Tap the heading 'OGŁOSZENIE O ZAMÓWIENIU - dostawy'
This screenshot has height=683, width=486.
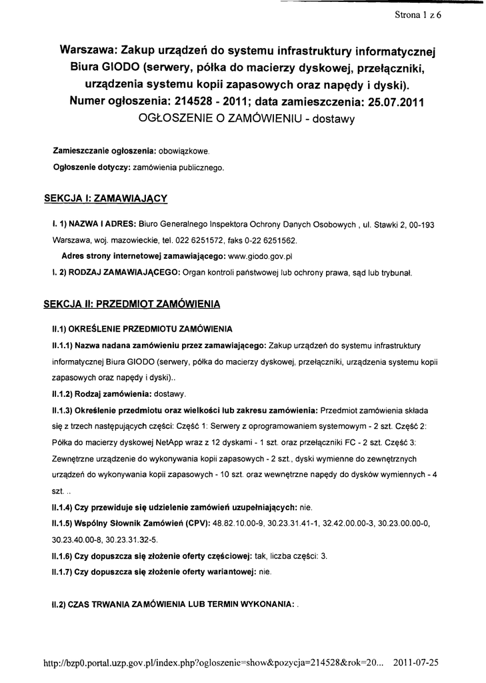pyautogui.click(x=246, y=119)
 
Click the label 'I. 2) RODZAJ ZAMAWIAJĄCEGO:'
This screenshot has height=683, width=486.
pyautogui.click(x=113, y=272)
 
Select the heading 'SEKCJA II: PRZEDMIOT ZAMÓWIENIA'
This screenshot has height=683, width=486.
pyautogui.click(x=131, y=304)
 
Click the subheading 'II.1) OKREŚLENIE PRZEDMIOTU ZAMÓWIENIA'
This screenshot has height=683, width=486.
pyautogui.click(x=142, y=329)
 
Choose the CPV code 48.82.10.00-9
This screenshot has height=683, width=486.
pyautogui.click(x=239, y=522)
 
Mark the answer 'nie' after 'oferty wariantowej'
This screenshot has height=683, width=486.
pyautogui.click(x=265, y=572)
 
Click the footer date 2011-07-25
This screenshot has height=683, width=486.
pyautogui.click(x=416, y=664)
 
